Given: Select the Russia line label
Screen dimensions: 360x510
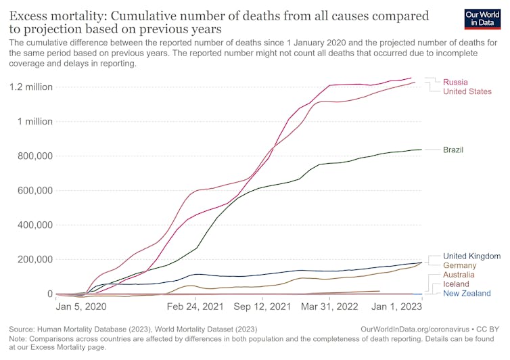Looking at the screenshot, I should [x=456, y=82].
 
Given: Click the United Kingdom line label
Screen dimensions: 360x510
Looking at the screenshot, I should [x=471, y=256].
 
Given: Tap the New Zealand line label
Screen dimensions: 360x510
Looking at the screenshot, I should [x=467, y=294].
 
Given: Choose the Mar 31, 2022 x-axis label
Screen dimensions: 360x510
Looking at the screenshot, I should [x=329, y=306].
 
